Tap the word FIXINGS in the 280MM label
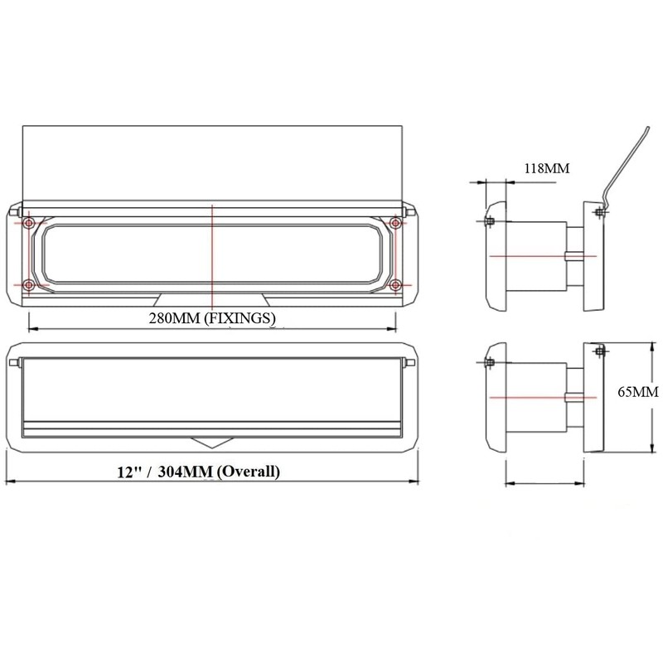click(242, 317)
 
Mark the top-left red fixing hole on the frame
click(29, 224)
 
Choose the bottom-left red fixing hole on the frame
click(29, 285)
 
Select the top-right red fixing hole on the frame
click(395, 224)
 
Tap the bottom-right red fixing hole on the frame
click(395, 285)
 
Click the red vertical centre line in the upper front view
click(213, 249)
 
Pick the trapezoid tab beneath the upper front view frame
click(212, 299)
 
